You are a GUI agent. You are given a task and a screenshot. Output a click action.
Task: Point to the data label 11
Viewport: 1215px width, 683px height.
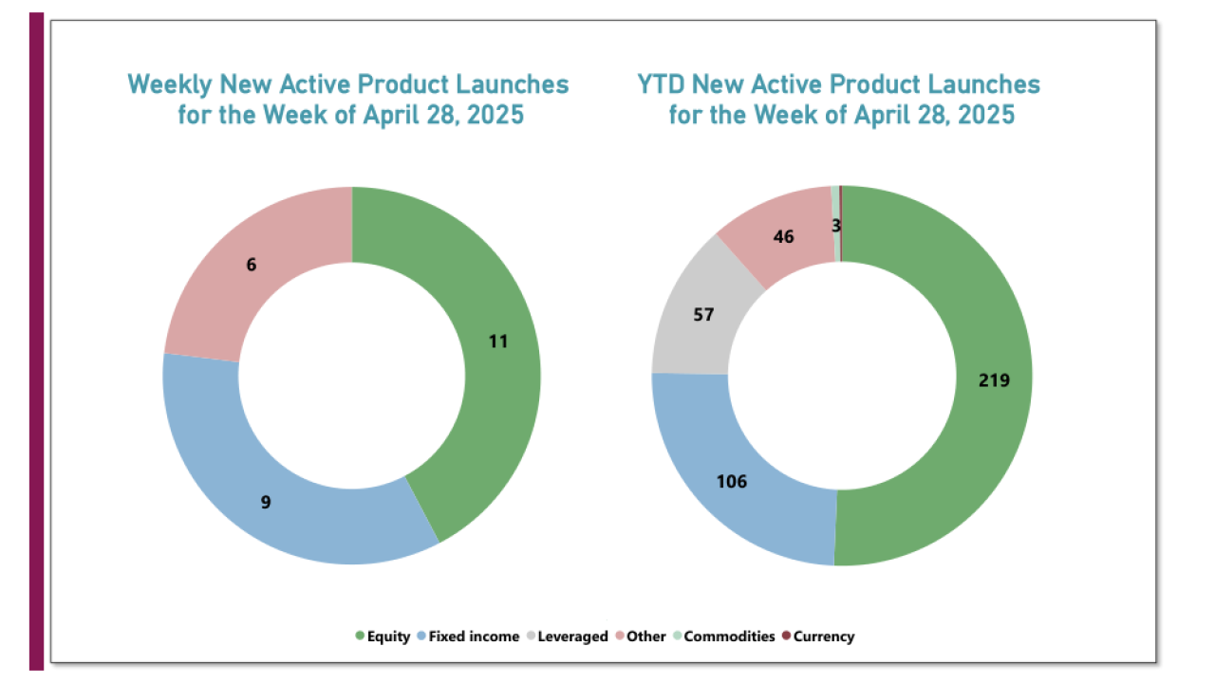point(498,341)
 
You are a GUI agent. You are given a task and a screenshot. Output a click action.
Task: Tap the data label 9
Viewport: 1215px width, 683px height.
point(266,502)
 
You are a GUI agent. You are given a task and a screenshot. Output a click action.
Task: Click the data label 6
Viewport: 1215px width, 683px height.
point(252,266)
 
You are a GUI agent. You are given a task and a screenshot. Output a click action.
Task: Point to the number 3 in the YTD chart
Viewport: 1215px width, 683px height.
point(836,225)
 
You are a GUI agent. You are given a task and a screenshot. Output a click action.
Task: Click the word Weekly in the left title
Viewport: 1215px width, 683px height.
point(170,84)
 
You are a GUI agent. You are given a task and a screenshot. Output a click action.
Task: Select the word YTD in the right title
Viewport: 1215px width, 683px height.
point(661,84)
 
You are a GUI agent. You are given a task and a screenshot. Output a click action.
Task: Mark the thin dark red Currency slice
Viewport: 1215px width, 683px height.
point(840,204)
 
